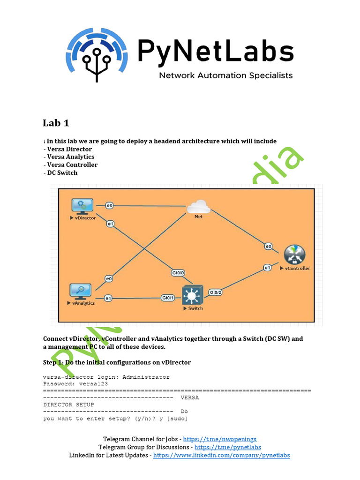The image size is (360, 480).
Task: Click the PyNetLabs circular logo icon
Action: click(x=97, y=52)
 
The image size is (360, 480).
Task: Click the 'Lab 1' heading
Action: click(x=56, y=123)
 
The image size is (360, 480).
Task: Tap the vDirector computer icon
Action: click(x=82, y=206)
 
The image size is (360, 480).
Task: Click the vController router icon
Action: click(x=294, y=255)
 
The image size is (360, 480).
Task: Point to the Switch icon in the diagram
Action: click(x=193, y=295)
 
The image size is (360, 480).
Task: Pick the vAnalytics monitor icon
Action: click(x=81, y=291)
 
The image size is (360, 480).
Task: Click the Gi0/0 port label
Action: click(x=178, y=273)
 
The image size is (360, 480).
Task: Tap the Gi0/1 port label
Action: click(x=168, y=298)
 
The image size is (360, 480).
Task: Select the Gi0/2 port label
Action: click(x=215, y=292)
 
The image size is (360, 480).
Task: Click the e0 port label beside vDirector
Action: click(x=109, y=205)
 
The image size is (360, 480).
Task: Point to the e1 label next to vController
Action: click(x=267, y=268)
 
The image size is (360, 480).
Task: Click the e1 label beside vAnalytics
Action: click(x=108, y=298)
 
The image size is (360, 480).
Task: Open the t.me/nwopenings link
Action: click(x=219, y=439)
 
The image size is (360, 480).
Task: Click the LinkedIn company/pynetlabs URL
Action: click(x=221, y=455)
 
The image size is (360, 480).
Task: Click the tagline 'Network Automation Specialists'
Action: click(x=226, y=75)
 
